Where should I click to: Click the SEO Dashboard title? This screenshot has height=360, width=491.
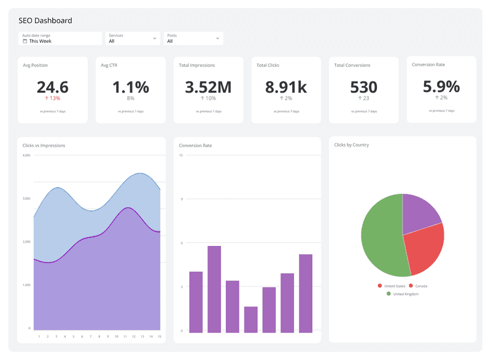point(45,20)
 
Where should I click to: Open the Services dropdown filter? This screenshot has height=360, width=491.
point(133,39)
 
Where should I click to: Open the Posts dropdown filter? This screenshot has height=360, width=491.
point(193,39)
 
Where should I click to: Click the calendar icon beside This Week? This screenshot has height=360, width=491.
point(25,41)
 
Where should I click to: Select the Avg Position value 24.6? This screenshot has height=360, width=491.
point(52,86)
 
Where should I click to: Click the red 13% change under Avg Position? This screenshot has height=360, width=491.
point(52,98)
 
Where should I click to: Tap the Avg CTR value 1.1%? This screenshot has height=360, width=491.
point(130,86)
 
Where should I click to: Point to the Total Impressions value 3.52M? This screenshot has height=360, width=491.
point(208,86)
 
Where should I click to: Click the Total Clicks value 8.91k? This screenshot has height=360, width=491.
point(286,86)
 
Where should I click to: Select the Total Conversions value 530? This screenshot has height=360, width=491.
point(363,86)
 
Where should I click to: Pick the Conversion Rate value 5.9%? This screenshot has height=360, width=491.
point(441,86)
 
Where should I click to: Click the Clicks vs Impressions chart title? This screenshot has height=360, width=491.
point(44,145)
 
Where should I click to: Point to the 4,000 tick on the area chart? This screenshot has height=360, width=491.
point(26,155)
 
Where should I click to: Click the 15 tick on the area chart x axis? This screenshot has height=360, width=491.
point(160,336)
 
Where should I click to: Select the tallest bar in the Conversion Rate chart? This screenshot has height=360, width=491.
point(214,289)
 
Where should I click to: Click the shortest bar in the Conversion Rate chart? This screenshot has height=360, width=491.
point(250,320)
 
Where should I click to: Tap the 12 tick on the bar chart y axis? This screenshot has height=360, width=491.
point(181,155)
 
